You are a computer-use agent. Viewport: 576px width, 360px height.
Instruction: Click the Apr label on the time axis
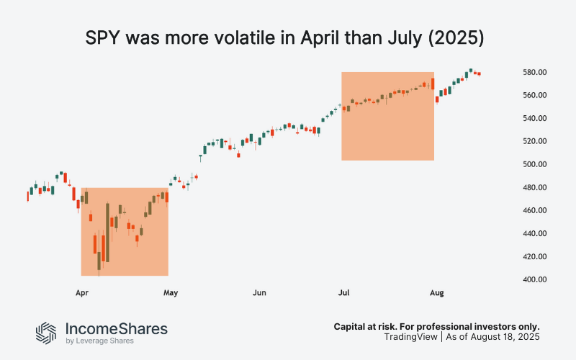(81, 293)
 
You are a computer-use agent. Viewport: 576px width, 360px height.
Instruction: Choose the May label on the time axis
(171, 293)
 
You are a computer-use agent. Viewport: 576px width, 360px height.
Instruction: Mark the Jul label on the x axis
(345, 293)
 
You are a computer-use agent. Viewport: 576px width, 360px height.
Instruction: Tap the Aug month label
(436, 293)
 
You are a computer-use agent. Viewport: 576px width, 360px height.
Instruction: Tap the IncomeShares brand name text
(116, 328)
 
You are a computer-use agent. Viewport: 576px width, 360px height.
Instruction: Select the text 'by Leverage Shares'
(98, 341)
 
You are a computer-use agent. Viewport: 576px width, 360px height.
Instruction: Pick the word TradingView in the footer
(409, 337)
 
